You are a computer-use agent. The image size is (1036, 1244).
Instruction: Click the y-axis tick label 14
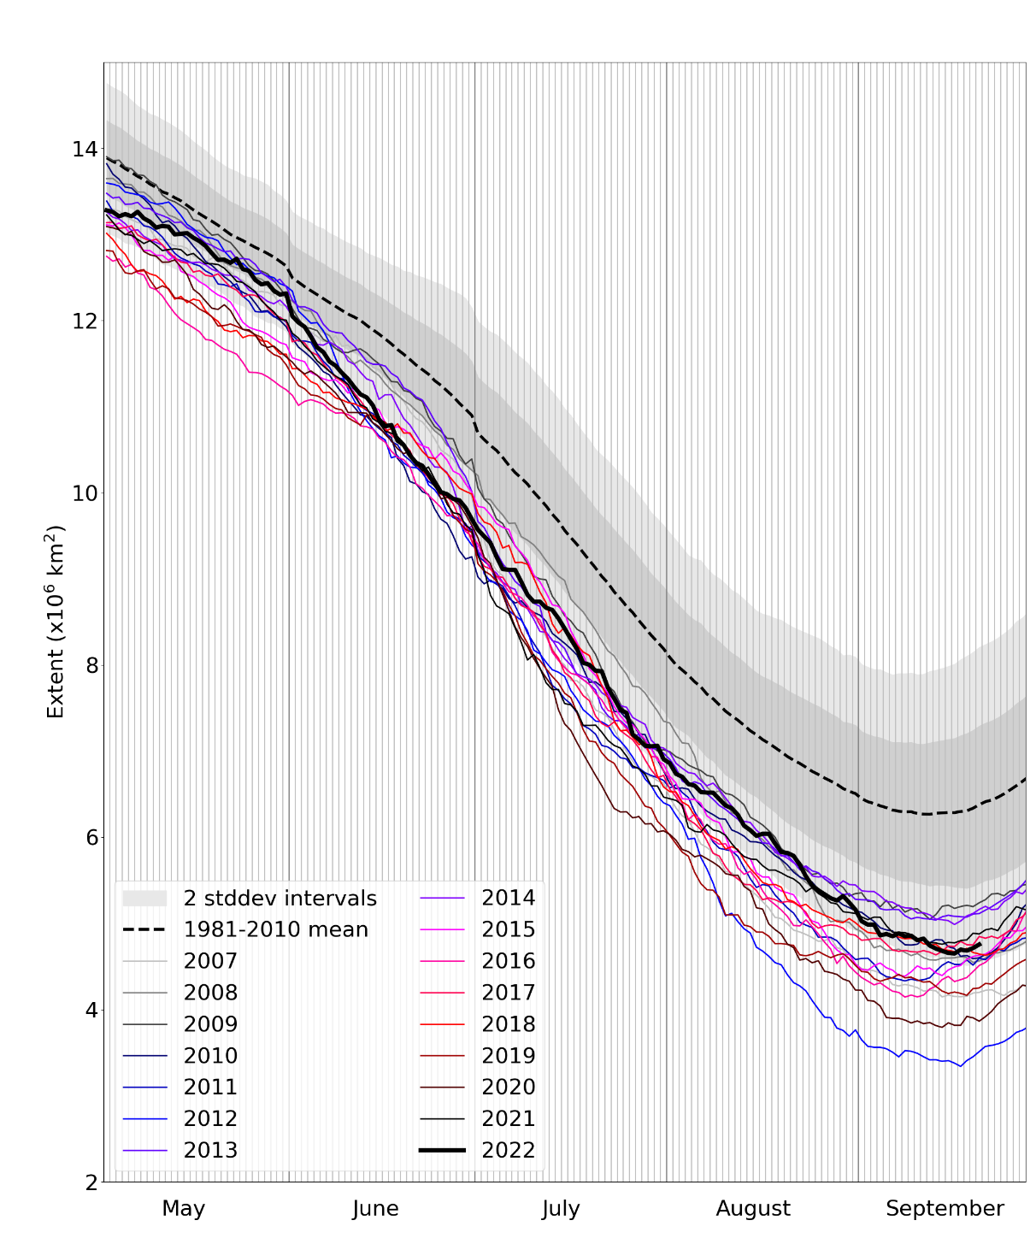point(84,150)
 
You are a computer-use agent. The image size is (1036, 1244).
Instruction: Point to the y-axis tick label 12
point(84,321)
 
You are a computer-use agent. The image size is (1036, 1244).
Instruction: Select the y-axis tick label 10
point(84,493)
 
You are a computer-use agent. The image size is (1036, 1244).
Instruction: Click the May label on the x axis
point(183,1209)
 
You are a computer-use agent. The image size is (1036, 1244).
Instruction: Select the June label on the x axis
point(375,1209)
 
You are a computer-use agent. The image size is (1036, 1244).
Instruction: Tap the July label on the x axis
point(561,1209)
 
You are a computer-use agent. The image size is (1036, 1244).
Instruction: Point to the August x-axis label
point(753,1209)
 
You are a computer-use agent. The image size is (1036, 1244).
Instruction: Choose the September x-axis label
point(945,1209)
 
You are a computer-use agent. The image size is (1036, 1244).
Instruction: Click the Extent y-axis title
point(56,622)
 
